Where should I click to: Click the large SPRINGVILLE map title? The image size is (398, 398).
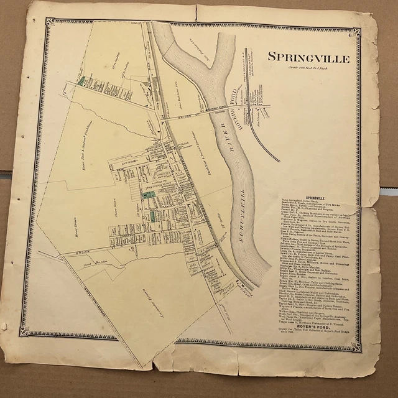coord(308,58)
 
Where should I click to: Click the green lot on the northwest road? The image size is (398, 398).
coord(81,81)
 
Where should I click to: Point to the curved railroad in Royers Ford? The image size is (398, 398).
coord(266,138)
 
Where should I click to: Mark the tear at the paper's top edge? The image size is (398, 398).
coord(196,11)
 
